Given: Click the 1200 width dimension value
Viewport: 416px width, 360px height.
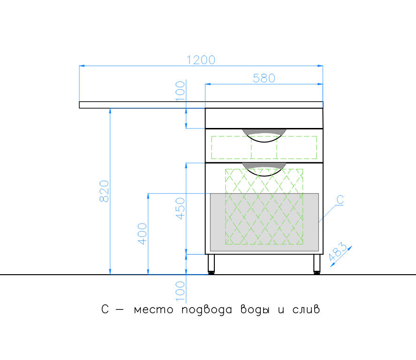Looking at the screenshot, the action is [201, 60].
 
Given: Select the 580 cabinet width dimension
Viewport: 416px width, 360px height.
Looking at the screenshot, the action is [264, 78].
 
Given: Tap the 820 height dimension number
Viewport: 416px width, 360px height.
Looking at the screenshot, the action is [104, 191].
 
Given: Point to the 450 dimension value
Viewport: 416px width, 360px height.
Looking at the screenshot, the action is [180, 209].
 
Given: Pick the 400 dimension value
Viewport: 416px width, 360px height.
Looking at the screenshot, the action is [142, 234].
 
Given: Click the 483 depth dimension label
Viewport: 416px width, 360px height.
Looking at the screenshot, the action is [337, 252].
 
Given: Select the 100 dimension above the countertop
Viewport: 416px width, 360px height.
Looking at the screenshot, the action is [180, 91].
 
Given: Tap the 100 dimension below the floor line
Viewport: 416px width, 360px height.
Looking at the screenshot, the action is [180, 292].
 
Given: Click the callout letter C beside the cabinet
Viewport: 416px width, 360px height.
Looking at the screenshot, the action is [340, 200].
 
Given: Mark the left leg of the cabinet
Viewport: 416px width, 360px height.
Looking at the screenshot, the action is [211, 264].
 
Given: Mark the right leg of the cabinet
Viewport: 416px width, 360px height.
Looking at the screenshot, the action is [317, 264].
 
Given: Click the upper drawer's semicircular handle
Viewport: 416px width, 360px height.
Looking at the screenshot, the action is [264, 135].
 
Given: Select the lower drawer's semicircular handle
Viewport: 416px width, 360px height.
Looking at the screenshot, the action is [264, 169].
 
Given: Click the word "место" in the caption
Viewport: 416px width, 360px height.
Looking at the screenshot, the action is [154, 310].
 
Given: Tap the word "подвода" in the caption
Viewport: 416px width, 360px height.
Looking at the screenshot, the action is [207, 310].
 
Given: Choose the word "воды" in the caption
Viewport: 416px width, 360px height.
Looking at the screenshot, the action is [255, 310].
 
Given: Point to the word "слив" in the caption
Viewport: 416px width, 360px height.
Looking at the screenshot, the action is [306, 309].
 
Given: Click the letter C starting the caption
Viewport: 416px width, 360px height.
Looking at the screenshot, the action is [105, 309].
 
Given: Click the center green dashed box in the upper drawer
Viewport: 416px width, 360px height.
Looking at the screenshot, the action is [264, 147].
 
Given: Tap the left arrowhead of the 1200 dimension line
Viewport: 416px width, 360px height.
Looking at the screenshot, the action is [82, 66].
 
